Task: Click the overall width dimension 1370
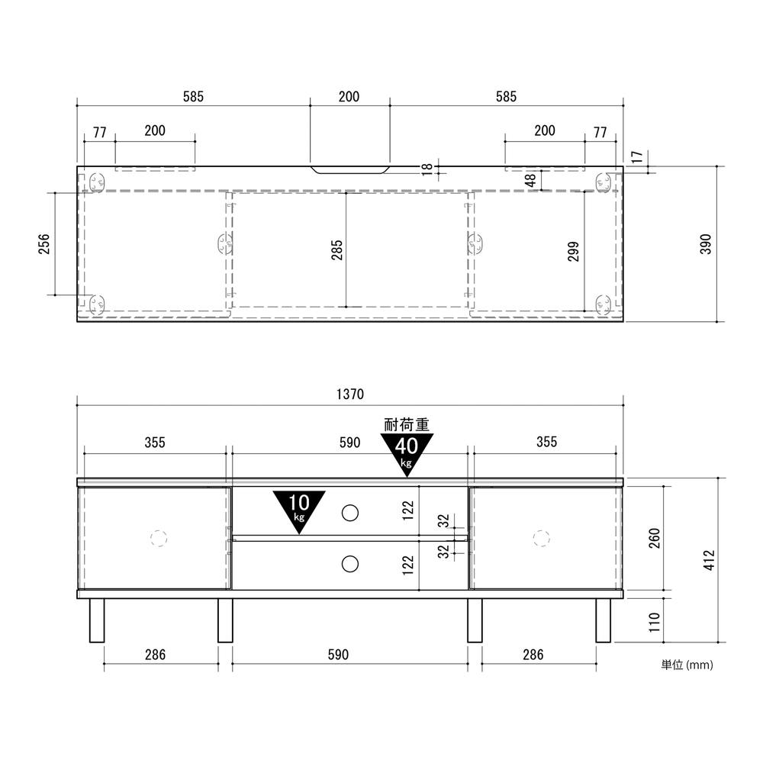click(x=350, y=394)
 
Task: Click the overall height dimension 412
click(x=709, y=559)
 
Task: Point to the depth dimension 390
click(x=706, y=244)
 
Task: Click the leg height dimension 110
click(x=654, y=621)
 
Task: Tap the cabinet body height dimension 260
click(x=654, y=538)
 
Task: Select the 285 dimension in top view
click(x=336, y=250)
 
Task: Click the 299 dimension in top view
click(x=573, y=251)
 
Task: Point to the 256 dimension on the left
click(x=43, y=244)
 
